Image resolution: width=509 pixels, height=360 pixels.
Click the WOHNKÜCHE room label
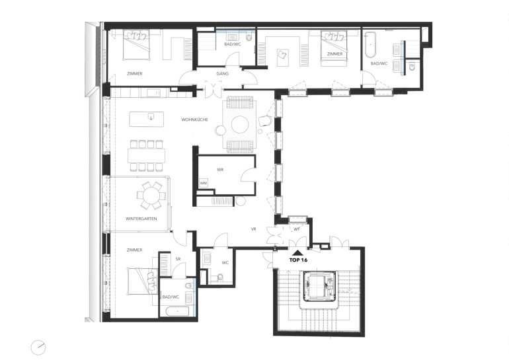coord(194,120)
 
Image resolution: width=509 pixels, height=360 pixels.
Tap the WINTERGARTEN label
coord(141,219)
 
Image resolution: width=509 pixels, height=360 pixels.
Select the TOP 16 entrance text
coord(298,260)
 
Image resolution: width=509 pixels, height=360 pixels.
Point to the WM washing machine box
coord(203,183)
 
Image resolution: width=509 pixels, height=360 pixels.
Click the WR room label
coord(220,170)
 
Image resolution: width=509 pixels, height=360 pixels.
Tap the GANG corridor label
coord(222,73)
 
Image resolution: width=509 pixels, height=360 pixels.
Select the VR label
coord(254,229)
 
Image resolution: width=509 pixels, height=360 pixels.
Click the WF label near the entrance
coord(297,229)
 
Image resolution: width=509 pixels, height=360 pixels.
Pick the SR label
coord(178,259)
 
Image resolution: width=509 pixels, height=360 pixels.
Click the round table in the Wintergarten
coord(151,196)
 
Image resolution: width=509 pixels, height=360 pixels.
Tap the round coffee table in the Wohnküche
coord(240,124)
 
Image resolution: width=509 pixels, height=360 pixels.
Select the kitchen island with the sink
coord(146,119)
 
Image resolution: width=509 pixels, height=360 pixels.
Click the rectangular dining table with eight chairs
coord(146,156)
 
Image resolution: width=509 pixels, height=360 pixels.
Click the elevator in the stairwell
coord(319,286)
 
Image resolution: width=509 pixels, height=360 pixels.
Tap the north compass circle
coord(38,347)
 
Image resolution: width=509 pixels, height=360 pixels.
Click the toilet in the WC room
coord(219,277)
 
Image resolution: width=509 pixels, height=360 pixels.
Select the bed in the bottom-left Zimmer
coord(143,281)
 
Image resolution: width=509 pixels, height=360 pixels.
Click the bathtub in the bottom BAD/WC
coord(177,312)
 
